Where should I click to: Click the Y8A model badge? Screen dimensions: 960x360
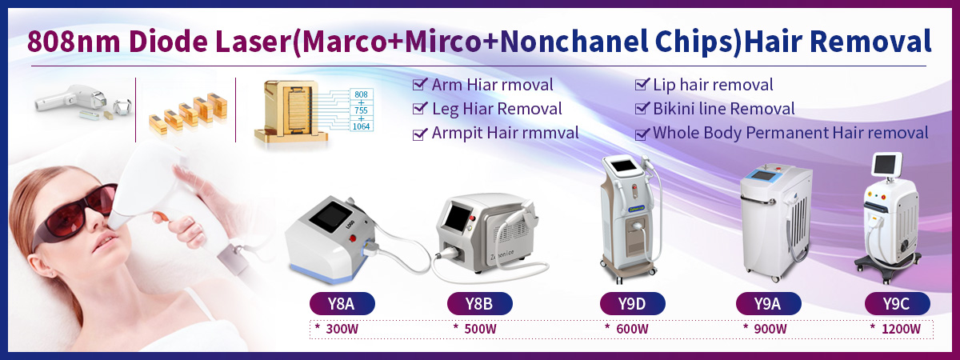click(x=342, y=303)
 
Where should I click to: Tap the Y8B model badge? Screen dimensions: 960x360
click(x=479, y=303)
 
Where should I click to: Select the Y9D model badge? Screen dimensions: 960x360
click(x=632, y=303)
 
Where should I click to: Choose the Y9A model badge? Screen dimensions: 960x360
click(x=769, y=303)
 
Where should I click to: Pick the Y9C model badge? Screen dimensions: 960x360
click(x=897, y=303)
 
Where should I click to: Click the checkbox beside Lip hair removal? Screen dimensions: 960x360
click(x=642, y=84)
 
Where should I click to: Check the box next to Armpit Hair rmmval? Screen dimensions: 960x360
click(x=419, y=134)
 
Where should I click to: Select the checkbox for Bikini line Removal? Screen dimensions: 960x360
click(x=642, y=108)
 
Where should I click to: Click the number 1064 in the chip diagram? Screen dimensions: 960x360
click(x=361, y=126)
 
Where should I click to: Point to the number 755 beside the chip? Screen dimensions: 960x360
click(x=361, y=110)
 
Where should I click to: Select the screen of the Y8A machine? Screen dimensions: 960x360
click(x=330, y=218)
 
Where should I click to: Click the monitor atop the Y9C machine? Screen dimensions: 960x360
click(x=886, y=166)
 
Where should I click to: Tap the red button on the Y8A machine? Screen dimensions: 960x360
click(x=353, y=238)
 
